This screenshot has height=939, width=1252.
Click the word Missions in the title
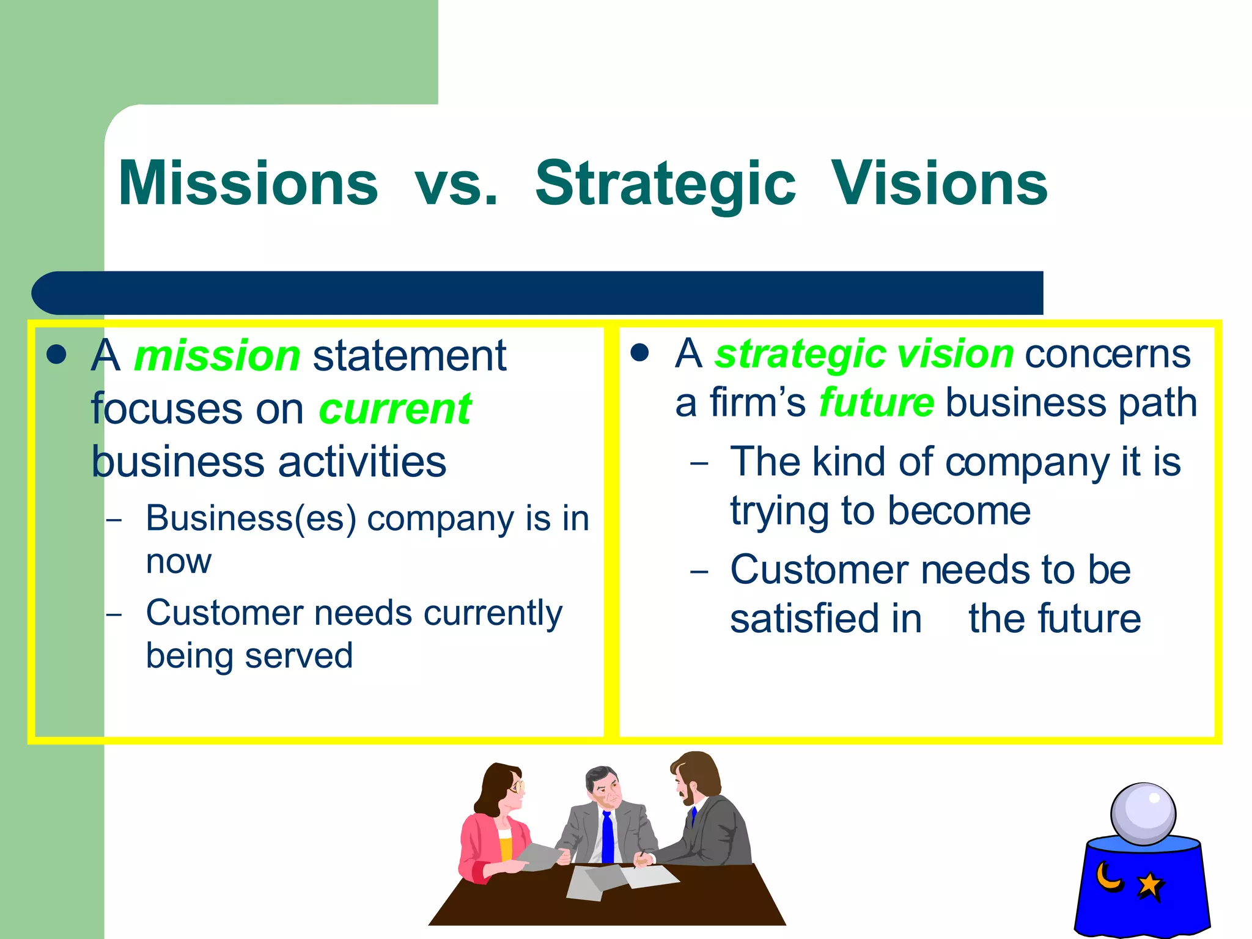pyautogui.click(x=248, y=183)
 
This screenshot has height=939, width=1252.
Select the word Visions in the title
pyautogui.click(x=939, y=183)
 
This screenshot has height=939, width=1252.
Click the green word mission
pyautogui.click(x=217, y=356)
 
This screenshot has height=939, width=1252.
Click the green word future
pyautogui.click(x=876, y=403)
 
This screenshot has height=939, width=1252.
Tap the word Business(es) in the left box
pyautogui.click(x=251, y=519)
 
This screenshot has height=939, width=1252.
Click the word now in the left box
pyautogui.click(x=179, y=561)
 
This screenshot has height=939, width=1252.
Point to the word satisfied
pyautogui.click(x=825, y=619)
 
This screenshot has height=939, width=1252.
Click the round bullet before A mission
pyautogui.click(x=56, y=355)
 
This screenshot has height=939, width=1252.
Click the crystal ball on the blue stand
pyautogui.click(x=1143, y=814)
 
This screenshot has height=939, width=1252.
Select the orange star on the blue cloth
pyautogui.click(x=1150, y=885)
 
